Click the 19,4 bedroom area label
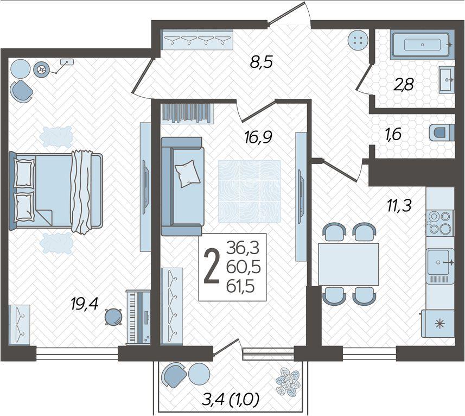click(x=85, y=304)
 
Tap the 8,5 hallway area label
click(x=261, y=62)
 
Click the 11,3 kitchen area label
click(x=399, y=205)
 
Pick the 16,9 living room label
click(x=258, y=137)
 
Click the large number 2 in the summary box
click(x=212, y=267)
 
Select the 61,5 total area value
click(x=240, y=287)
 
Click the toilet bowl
click(x=442, y=133)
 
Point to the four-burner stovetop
click(x=440, y=223)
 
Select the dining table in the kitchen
click(x=348, y=264)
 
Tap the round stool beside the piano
click(x=113, y=317)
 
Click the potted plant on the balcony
click(x=288, y=382)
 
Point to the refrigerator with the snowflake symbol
click(x=438, y=324)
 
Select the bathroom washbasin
click(x=447, y=79)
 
